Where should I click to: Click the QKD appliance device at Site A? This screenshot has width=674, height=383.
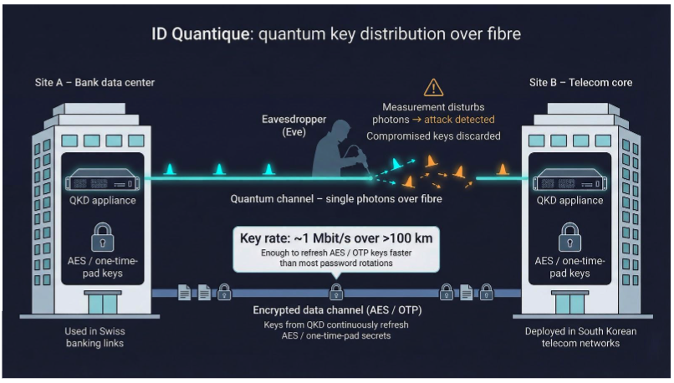pos(102,178)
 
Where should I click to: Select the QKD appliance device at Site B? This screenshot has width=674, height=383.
pos(569,178)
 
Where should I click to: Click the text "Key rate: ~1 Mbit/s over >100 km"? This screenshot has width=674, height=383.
pos(335,237)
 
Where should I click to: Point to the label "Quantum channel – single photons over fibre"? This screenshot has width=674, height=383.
pos(336,199)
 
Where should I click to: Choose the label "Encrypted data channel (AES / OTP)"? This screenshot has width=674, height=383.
pos(335,310)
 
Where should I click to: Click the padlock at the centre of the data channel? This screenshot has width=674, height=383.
pos(335,291)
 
